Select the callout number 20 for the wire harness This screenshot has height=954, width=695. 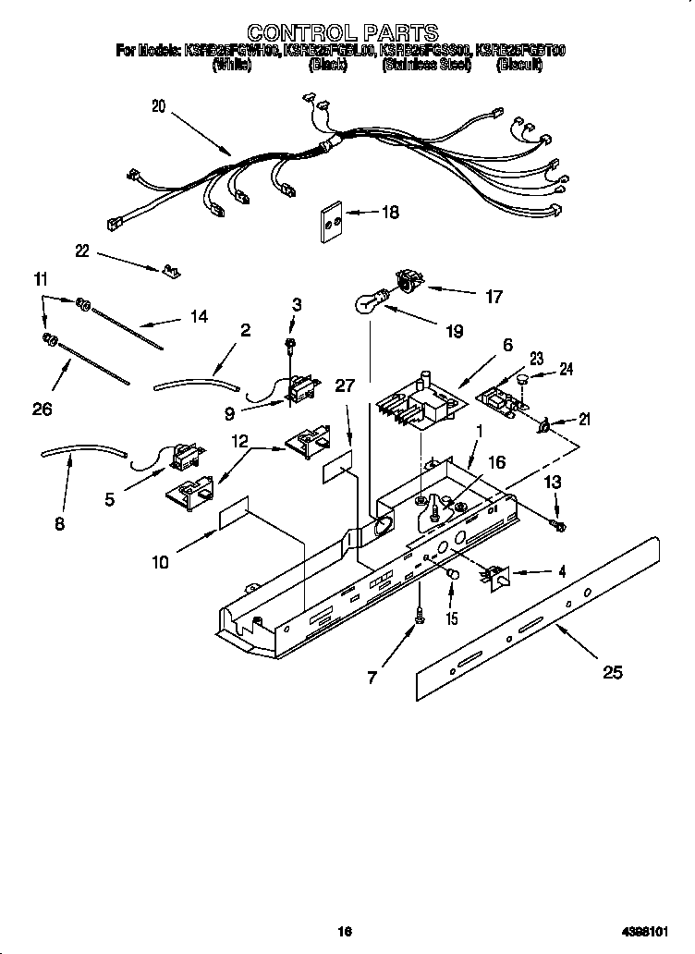coord(159,106)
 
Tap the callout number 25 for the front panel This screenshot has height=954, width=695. coord(613,672)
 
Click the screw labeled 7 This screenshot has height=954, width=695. coord(420,615)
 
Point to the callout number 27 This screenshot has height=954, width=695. coord(345,386)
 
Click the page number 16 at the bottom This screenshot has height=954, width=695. coord(344,932)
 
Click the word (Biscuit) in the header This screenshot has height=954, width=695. coord(518,66)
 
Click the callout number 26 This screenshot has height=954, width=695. coord(43,409)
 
